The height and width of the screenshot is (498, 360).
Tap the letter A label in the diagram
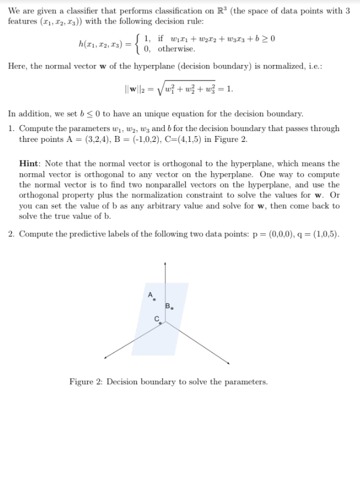[x=150, y=294]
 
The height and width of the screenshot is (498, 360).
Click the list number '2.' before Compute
[x=12, y=234]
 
